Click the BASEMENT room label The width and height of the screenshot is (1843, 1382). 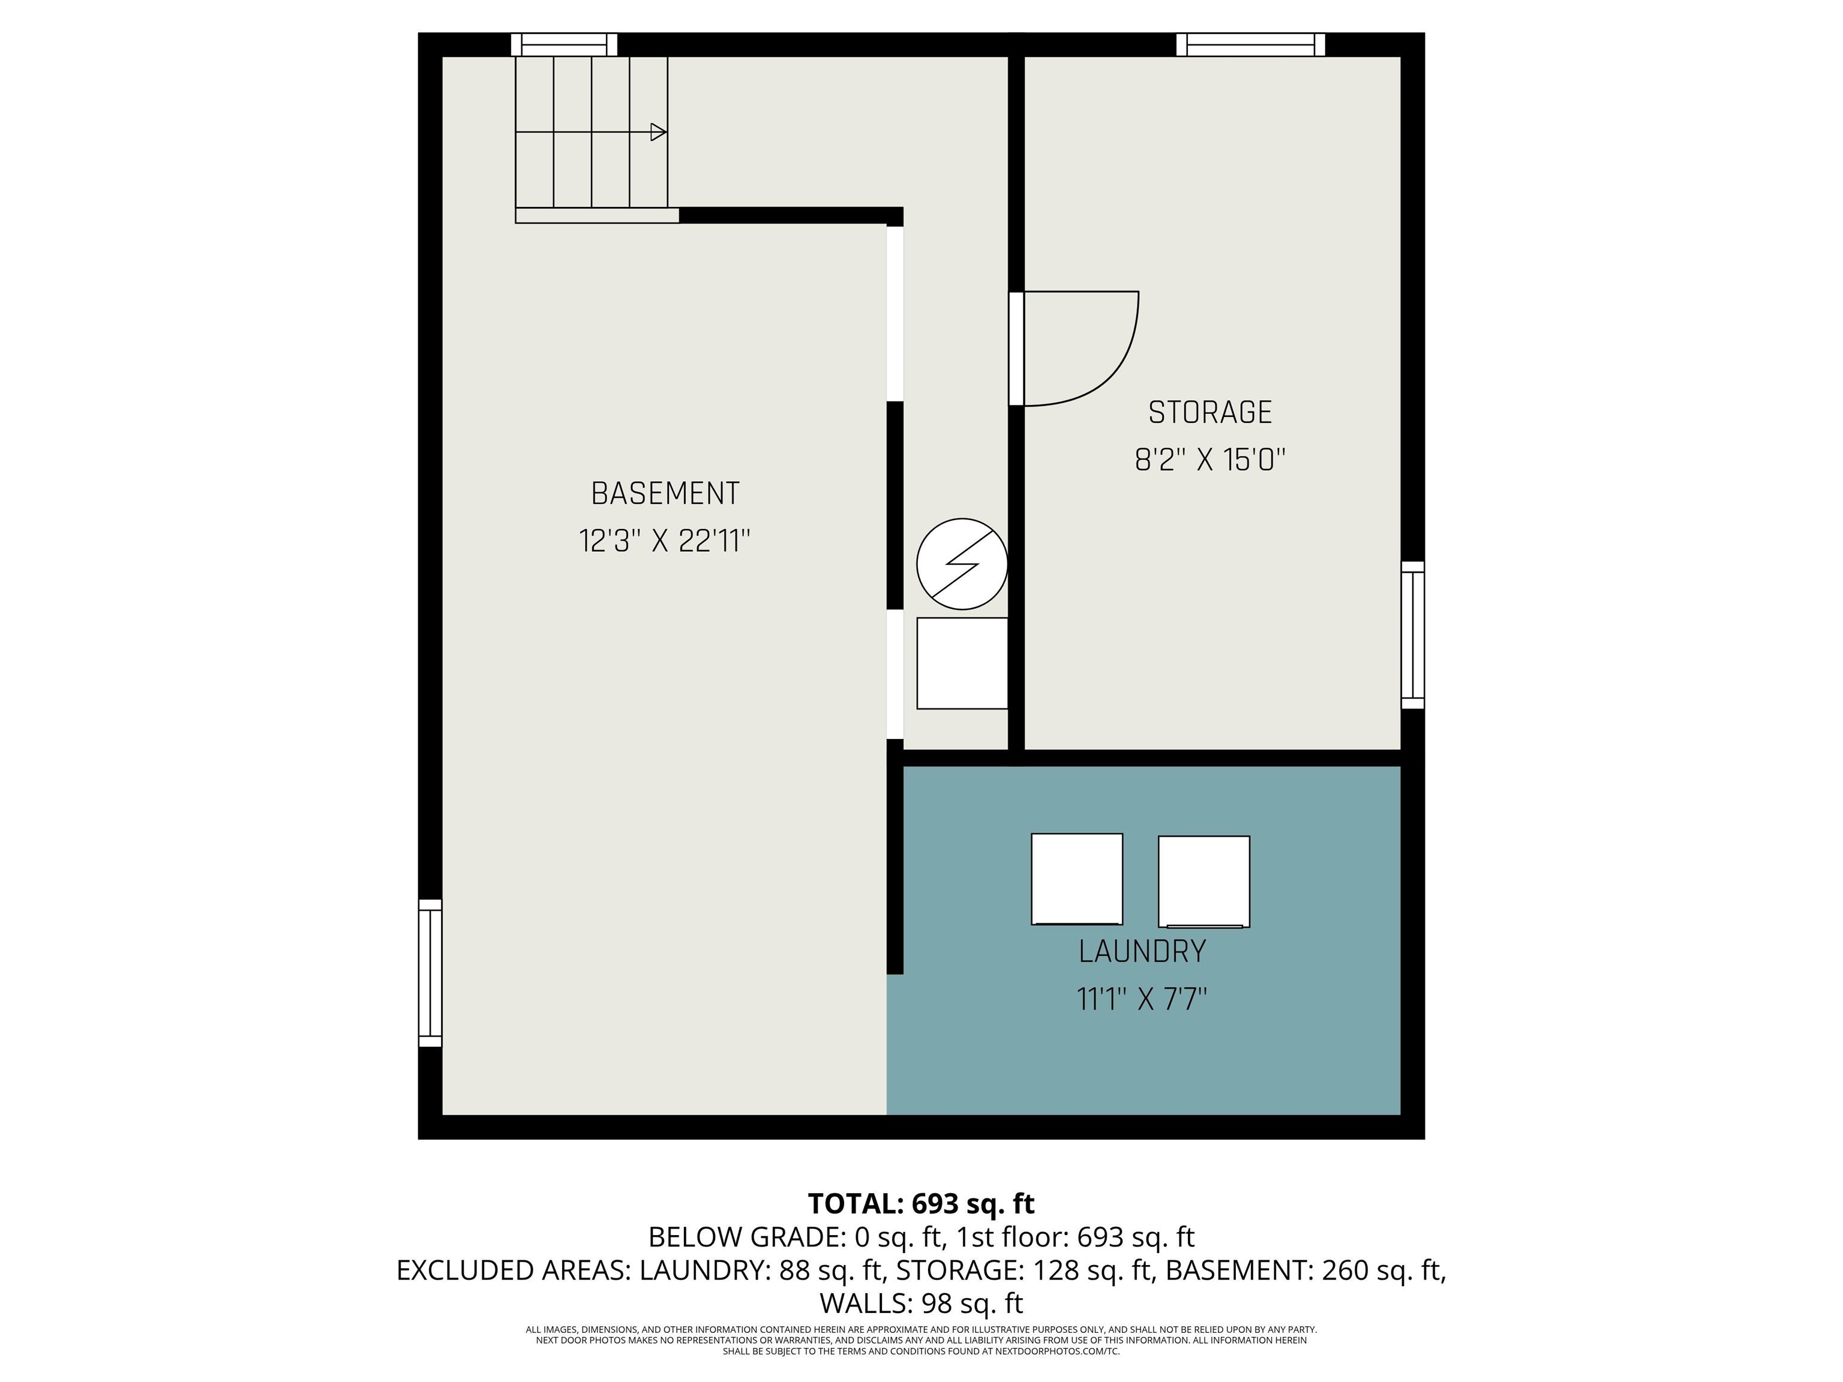click(665, 494)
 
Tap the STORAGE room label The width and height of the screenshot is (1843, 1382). click(1210, 412)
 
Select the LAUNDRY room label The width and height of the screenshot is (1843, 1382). click(1142, 951)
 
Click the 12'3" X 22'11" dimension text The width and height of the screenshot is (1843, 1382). click(665, 542)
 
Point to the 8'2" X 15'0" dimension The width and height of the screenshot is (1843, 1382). click(1210, 460)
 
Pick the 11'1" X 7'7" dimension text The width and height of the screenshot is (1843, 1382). click(1142, 999)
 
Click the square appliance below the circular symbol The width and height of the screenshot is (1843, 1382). click(962, 663)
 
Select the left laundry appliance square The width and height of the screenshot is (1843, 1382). click(1076, 879)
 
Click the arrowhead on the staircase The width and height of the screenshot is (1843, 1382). click(658, 131)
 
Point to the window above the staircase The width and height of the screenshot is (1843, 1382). click(563, 44)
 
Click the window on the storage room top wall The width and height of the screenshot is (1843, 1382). click(1250, 44)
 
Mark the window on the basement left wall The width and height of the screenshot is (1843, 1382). click(430, 973)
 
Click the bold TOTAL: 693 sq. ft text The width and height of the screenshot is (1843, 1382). click(921, 1204)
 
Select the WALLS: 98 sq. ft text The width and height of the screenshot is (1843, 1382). click(921, 1303)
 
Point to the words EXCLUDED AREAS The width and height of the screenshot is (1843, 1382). click(513, 1270)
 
